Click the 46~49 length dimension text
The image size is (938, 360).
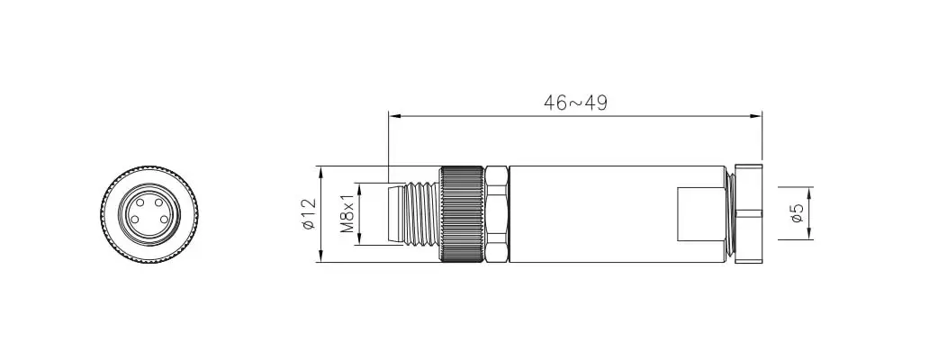pyautogui.click(x=575, y=103)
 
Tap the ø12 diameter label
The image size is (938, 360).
pyautogui.click(x=308, y=214)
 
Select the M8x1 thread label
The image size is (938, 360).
pyautogui.click(x=347, y=214)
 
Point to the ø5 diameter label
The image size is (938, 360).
pyautogui.click(x=797, y=213)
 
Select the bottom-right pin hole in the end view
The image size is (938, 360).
pyautogui.click(x=161, y=219)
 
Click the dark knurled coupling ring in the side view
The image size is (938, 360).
pyautogui.click(x=463, y=214)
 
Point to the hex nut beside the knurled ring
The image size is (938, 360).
pyautogui.click(x=498, y=214)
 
